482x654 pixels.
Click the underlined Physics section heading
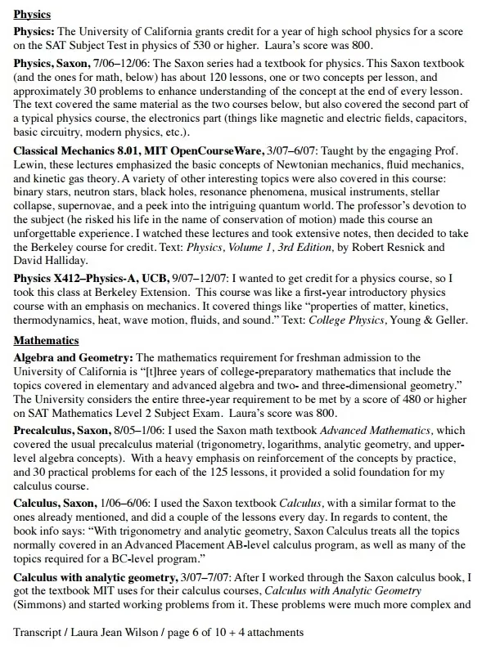[x=33, y=15]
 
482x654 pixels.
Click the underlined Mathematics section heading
[x=47, y=340]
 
